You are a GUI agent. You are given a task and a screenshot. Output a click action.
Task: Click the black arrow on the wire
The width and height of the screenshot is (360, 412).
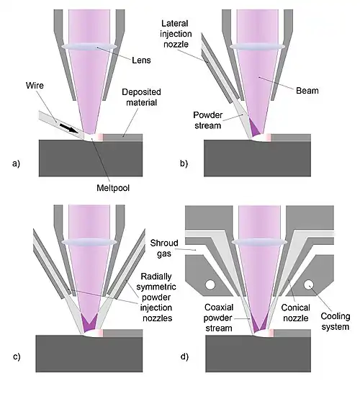pos(68,128)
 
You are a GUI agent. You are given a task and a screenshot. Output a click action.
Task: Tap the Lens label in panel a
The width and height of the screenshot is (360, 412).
pos(141,61)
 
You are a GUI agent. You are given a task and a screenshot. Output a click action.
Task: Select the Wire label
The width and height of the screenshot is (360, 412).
pos(35,86)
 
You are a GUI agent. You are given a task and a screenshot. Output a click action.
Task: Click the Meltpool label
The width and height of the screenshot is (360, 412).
pos(113,188)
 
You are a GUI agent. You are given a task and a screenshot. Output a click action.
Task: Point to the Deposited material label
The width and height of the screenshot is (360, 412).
pos(141,97)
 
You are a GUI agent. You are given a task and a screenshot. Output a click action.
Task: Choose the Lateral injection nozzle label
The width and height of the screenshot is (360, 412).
pos(176,34)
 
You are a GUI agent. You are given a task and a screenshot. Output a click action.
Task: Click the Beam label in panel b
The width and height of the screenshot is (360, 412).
pos(307,91)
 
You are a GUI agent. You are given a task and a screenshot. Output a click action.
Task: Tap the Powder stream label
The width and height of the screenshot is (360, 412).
pos(207,120)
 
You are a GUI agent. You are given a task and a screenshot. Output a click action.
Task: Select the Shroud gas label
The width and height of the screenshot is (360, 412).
pos(164,248)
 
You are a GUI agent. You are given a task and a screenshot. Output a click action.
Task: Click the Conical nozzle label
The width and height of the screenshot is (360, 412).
pos(295,313)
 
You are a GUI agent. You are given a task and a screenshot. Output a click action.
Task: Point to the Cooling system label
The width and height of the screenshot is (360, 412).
pos(336,321)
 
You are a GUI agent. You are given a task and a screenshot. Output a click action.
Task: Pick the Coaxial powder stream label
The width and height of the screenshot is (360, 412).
pos(218,318)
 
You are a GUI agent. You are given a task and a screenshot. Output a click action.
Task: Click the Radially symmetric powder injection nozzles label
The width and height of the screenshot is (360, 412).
pos(156,297)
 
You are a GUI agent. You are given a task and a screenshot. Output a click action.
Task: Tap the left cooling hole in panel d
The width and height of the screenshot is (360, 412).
pos(210,285)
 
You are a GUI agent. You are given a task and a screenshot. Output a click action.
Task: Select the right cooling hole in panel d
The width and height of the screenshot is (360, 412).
pos(309,285)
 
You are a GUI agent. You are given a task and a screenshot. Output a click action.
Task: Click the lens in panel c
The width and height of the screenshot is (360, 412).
pos(89,242)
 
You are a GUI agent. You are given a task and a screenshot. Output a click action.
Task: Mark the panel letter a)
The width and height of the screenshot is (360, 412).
pos(16,164)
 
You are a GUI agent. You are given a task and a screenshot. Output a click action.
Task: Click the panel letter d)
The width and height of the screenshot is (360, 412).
pos(184,357)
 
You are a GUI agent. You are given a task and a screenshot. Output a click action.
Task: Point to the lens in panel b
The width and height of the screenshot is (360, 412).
pos(257,47)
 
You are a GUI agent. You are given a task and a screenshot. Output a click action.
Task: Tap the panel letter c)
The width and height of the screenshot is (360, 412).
pos(17,357)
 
